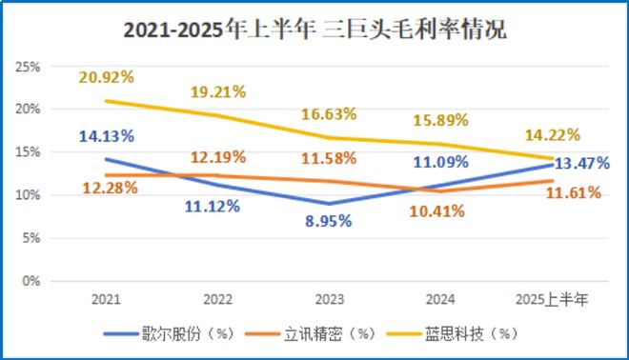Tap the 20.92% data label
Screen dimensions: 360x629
106,76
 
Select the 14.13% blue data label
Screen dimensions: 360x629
106,134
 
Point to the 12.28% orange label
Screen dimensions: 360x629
106,188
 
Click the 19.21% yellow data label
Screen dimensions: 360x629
218,92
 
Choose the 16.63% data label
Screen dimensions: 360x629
328,113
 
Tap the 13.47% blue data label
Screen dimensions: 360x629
582,162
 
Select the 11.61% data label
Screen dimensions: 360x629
573,192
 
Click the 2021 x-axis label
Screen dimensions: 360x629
105,299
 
